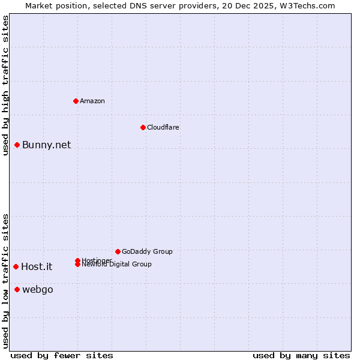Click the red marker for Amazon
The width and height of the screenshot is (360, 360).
(76, 101)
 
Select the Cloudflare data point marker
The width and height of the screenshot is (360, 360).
(143, 127)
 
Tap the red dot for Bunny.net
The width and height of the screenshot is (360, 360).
(17, 145)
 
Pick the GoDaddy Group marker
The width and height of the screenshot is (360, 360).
(118, 251)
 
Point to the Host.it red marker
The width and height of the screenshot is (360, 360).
(16, 266)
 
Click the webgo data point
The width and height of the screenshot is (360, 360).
(17, 290)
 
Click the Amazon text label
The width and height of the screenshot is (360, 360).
(92, 101)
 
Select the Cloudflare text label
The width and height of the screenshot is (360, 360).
(163, 127)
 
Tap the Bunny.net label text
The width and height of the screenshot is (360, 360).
(46, 145)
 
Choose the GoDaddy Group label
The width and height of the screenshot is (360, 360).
(147, 251)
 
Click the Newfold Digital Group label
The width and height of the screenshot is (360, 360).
(116, 265)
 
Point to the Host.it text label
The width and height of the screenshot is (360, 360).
(37, 267)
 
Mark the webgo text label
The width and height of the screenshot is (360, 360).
(38, 290)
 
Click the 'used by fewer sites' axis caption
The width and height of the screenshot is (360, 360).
(62, 355)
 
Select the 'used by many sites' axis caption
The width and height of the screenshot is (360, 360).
(301, 355)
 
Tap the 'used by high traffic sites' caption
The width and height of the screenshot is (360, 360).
(5, 86)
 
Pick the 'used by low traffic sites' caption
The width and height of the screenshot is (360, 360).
(5, 281)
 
